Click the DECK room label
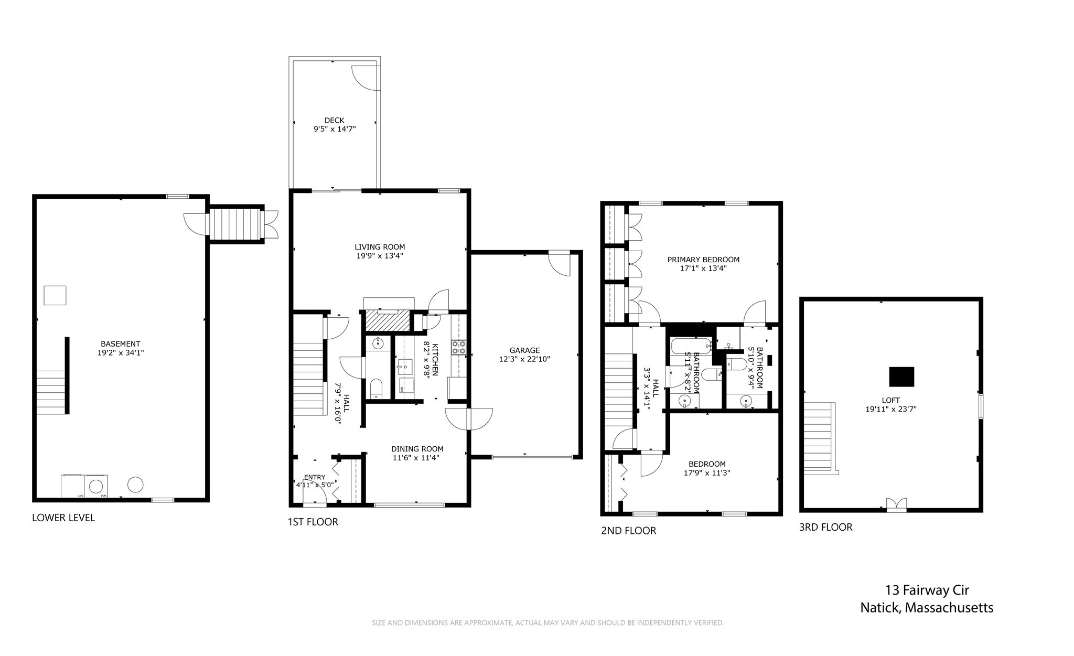tap(334, 121)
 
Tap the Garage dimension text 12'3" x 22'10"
tap(524, 359)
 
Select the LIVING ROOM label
tap(380, 247)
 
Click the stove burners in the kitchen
tap(459, 347)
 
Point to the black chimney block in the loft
tap(901, 377)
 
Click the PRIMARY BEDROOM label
tap(703, 260)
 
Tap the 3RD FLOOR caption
tap(825, 527)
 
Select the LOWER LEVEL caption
tap(63, 518)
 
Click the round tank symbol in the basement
tap(136, 485)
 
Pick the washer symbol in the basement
tap(96, 486)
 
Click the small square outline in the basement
tap(55, 295)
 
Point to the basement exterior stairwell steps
tap(235, 224)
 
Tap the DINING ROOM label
tap(417, 449)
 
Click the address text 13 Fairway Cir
tap(927, 590)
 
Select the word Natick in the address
tap(880, 608)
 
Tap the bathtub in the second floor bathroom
tap(691, 346)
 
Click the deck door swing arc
tap(364, 78)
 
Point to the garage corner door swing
tap(560, 265)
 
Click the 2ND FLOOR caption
tap(628, 531)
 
